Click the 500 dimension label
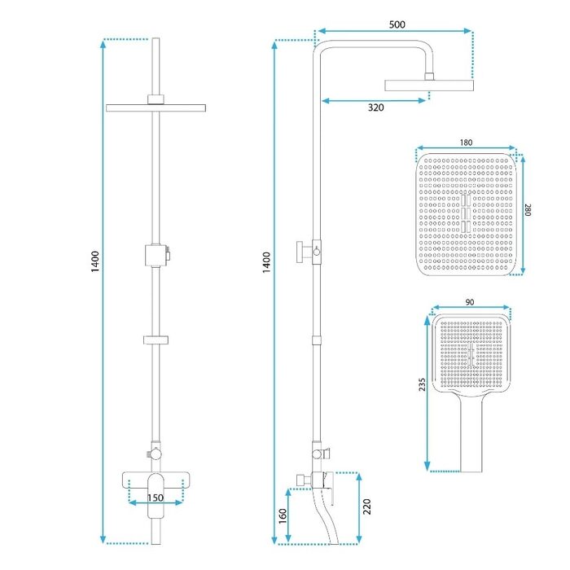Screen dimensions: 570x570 (397, 24)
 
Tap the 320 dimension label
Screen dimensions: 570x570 (375, 107)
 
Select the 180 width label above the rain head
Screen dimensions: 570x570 (466, 142)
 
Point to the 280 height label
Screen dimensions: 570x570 (528, 210)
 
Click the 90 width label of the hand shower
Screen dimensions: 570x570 (470, 302)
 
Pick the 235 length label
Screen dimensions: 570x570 (422, 384)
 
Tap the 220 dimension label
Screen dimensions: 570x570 (366, 506)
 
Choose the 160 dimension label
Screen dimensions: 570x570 (283, 516)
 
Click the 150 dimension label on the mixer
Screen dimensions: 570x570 (156, 498)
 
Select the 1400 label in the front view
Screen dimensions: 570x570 (95, 261)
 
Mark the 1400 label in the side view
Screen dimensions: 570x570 (267, 262)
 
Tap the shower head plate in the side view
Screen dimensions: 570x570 (429, 85)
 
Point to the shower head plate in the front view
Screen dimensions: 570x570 (156, 108)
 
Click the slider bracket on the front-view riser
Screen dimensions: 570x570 (156, 340)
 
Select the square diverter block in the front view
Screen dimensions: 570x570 (156, 256)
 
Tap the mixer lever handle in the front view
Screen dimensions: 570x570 (156, 495)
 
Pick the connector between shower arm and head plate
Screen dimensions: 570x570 (429, 77)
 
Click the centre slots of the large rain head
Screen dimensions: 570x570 (466, 213)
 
